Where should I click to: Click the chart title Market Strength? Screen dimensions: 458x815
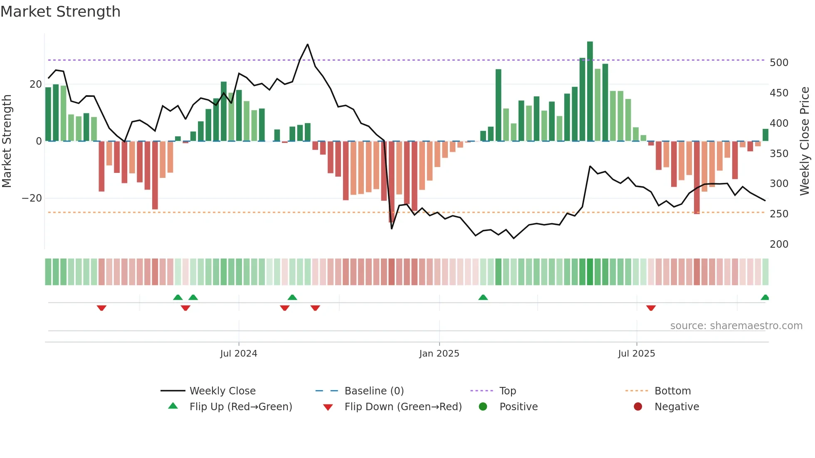[60, 12]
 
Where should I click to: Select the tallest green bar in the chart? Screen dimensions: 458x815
[590, 91]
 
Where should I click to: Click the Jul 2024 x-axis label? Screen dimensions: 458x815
[239, 354]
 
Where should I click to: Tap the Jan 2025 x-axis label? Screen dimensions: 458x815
[439, 354]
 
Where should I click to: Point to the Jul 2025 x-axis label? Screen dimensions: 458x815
[636, 354]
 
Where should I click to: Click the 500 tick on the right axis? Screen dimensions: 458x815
[779, 63]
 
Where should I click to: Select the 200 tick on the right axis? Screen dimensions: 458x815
[779, 244]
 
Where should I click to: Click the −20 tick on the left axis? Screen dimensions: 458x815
[32, 198]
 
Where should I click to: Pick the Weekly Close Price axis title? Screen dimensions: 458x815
[805, 141]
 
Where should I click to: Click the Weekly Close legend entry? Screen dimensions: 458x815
[222, 391]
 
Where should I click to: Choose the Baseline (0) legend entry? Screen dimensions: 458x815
[374, 391]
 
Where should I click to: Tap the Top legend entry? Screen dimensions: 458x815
[507, 391]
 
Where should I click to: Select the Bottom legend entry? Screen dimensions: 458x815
[672, 391]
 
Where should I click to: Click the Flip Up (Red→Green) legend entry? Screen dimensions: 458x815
[240, 407]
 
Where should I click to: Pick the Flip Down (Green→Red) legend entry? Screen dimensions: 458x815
[403, 407]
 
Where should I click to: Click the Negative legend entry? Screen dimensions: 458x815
[676, 407]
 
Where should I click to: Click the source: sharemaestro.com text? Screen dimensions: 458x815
[736, 326]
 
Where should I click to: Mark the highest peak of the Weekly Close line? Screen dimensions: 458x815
[308, 44]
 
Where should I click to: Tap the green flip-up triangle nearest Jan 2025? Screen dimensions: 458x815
[483, 298]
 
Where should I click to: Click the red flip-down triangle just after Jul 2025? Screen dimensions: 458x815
[651, 308]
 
